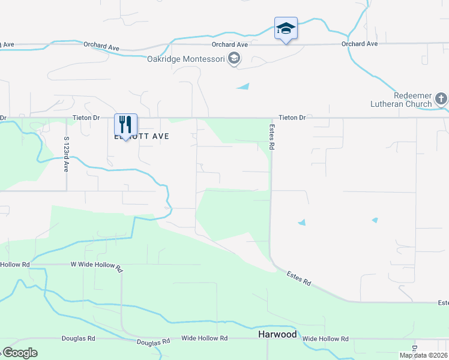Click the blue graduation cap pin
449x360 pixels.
(x=286, y=28)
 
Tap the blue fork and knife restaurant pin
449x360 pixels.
(x=125, y=125)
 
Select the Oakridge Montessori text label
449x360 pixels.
(x=186, y=59)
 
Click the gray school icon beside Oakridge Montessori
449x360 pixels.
(x=234, y=58)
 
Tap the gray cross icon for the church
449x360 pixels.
(x=441, y=98)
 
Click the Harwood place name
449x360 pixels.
(x=277, y=334)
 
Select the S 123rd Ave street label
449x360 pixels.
(x=66, y=154)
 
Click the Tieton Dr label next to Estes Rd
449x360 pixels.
(x=292, y=118)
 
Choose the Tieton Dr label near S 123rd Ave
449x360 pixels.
(x=86, y=118)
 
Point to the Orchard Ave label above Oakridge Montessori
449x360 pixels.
(x=230, y=44)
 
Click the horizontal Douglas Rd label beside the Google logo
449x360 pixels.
(x=79, y=338)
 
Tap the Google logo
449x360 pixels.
(x=20, y=353)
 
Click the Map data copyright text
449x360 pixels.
(x=423, y=355)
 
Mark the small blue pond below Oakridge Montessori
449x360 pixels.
(x=243, y=87)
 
